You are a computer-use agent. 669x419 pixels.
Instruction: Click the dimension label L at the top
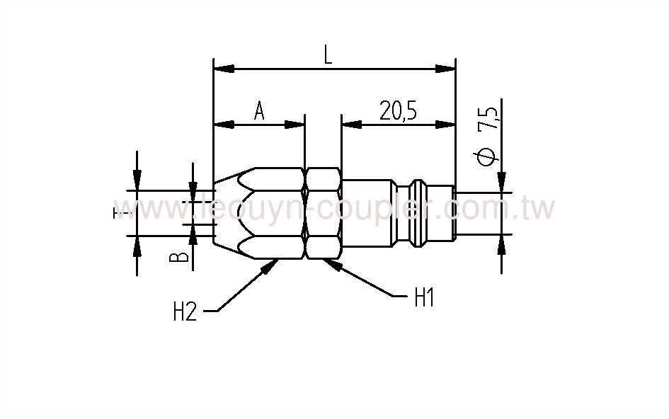(x=328, y=56)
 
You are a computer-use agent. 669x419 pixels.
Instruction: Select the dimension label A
(x=259, y=111)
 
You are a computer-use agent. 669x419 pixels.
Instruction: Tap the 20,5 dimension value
(x=397, y=111)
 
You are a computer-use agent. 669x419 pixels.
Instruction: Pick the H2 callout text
(x=185, y=311)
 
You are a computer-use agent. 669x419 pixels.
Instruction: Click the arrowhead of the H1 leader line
(x=331, y=265)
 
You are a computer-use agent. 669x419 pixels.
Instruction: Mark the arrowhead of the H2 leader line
(x=271, y=265)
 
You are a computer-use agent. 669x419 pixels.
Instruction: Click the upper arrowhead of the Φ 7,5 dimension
(x=501, y=183)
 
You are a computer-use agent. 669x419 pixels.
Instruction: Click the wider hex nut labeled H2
(x=279, y=213)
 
